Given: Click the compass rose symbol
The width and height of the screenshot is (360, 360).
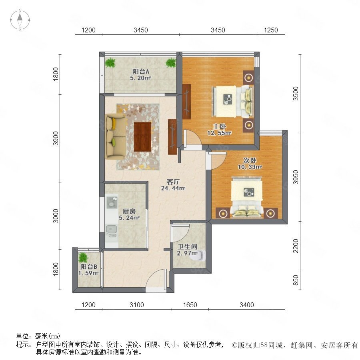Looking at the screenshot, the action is tap(20, 20).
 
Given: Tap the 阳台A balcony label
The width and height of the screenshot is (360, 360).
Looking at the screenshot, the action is tap(140, 72).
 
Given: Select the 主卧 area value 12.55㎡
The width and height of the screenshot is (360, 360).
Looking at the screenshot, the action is tap(219, 133).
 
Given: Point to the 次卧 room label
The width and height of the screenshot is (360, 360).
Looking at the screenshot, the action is tap(250, 160).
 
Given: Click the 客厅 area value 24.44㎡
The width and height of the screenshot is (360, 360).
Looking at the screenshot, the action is tap(173, 188).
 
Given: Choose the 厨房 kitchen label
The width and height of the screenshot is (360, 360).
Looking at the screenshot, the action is tap(129, 211).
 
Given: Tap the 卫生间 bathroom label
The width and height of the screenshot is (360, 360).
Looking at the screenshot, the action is tap(188, 247).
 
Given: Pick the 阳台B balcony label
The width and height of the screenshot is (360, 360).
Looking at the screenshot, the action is tap(89, 266).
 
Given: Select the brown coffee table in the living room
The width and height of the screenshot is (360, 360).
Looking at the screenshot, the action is tap(142, 137).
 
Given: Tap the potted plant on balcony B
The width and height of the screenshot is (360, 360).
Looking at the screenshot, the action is tap(83, 258).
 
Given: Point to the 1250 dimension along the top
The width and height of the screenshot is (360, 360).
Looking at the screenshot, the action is tap(271, 30).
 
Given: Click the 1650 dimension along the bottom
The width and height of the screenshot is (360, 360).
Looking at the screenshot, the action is tap(190, 305).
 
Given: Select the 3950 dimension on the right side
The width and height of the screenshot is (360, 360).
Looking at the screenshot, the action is tap(296, 177).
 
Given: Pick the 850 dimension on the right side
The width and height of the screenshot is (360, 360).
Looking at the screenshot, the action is tap(296, 280).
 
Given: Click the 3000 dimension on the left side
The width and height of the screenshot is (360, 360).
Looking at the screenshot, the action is tap(56, 216).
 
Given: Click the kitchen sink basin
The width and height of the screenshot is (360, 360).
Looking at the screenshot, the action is tap(112, 229).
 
